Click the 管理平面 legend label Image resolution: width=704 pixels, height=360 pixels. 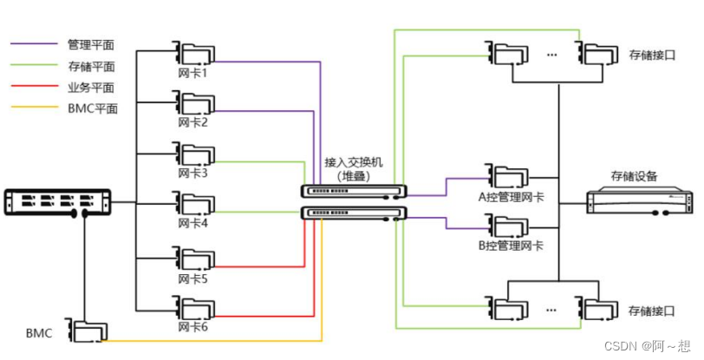click(91, 43)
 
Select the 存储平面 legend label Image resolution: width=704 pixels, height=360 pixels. click(91, 65)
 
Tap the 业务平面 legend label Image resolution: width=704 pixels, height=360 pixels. click(91, 87)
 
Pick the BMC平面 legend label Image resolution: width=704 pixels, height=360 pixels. click(91, 109)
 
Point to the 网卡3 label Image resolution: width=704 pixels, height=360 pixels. click(192, 173)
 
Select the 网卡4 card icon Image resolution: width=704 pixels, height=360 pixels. click(193, 204)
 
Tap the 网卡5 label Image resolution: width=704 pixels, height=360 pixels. click(192, 278)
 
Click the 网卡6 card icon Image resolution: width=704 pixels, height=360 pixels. click(193, 310)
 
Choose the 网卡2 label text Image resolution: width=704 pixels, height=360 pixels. click(192, 122)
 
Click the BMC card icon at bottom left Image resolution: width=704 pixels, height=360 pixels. click(88, 333)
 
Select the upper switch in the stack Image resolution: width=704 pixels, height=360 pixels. click(353, 191)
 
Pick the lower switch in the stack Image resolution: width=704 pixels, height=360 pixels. click(353, 213)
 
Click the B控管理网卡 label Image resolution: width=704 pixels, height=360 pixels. click(512, 246)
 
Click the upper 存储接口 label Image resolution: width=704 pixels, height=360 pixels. click(651, 55)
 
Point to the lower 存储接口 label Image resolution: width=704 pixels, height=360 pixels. click(651, 310)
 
